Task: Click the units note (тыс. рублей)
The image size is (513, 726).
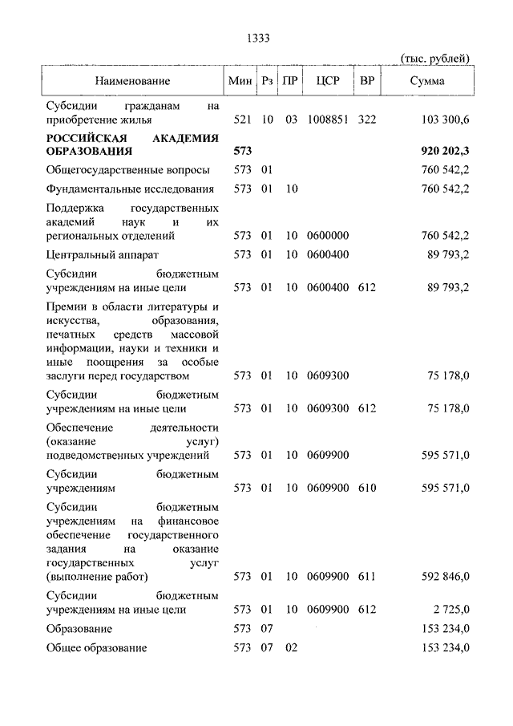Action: (434, 58)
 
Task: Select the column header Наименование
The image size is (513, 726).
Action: (132, 81)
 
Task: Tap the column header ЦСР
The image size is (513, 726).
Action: (329, 81)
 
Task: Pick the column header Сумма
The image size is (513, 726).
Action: (427, 81)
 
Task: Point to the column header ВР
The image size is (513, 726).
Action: (367, 81)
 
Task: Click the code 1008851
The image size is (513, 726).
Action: (329, 120)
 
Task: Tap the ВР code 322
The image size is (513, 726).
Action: (367, 120)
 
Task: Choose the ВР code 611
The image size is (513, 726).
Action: (367, 576)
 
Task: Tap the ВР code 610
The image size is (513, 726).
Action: (367, 487)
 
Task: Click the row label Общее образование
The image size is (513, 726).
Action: (96, 647)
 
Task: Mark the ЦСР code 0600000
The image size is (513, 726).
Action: (329, 236)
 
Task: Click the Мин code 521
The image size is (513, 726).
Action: (242, 120)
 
